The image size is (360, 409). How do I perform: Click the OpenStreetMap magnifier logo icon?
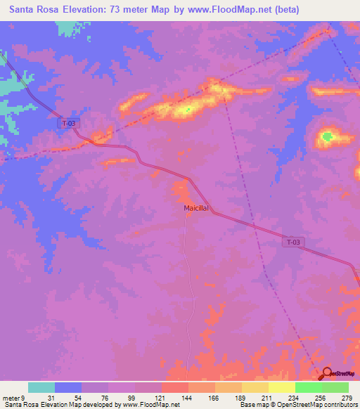pos(327,372)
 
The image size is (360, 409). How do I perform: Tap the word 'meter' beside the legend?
pos(11,398)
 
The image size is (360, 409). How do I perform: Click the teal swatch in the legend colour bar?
pos(41,387)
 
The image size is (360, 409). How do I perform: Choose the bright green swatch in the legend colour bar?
pos(309,387)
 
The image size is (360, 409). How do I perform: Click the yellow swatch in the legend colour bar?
pos(282,387)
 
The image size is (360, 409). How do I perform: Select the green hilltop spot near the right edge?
pos(328,137)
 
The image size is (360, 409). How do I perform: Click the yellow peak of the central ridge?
pos(184,110)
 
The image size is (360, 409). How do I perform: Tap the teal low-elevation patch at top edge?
pos(67,28)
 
